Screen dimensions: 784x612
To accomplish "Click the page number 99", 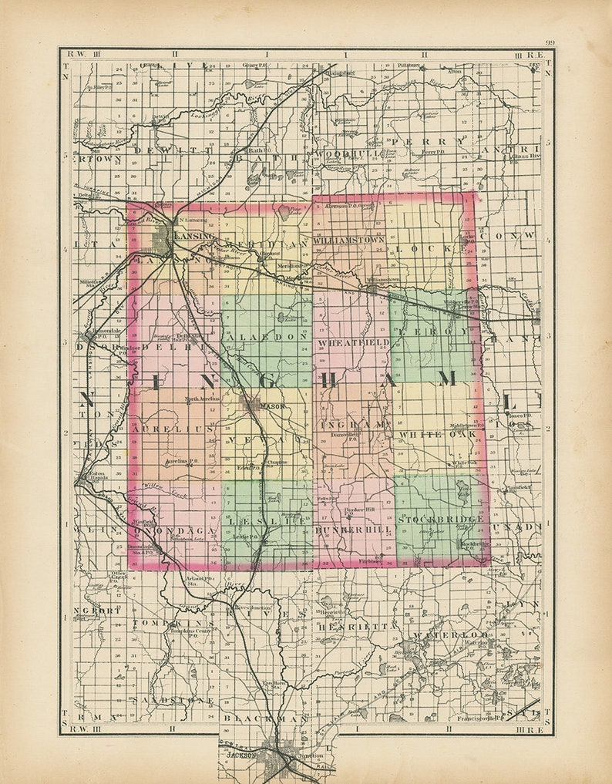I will (550, 43).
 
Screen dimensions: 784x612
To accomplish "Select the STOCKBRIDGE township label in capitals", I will (440, 520).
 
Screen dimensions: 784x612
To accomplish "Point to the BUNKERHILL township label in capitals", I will (354, 531).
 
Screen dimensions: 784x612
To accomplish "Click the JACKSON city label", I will (241, 756).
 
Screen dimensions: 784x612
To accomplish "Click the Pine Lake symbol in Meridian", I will (284, 214).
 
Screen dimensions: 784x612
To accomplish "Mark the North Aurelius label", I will (203, 399).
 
